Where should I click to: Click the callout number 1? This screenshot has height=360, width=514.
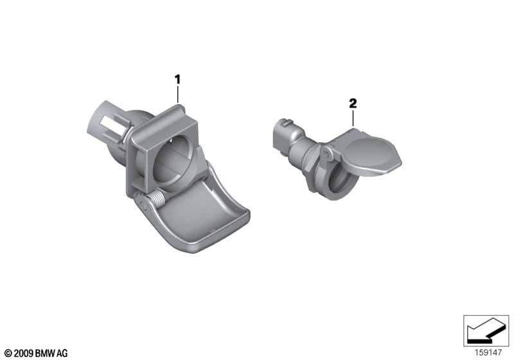(x=177, y=80)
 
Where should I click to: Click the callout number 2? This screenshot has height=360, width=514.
(x=353, y=104)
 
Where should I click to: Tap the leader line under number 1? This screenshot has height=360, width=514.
(x=178, y=94)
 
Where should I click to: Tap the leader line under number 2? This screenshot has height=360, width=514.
(x=353, y=118)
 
